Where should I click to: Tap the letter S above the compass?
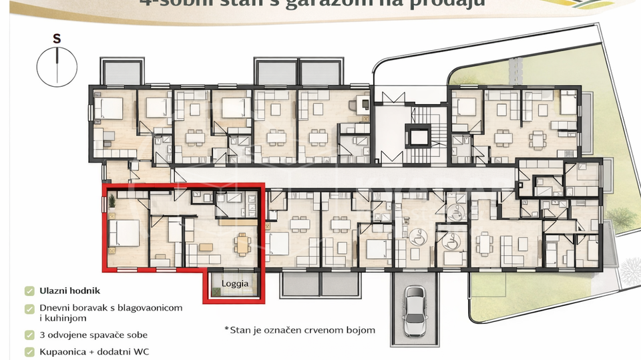coord(57,39)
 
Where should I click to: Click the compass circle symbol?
coord(57,66)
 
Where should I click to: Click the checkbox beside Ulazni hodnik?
coord(29,291)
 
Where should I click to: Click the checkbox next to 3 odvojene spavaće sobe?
coord(29,335)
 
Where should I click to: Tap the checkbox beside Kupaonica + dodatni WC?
coord(29,351)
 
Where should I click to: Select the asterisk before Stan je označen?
coord(227,329)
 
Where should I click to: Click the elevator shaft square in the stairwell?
coord(420,136)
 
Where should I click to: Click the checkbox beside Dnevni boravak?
coord(29,309)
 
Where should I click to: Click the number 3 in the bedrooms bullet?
coord(43,335)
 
